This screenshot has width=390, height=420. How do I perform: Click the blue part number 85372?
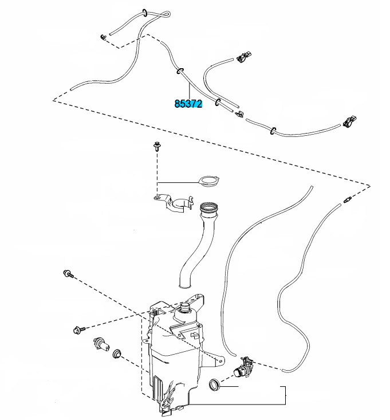(x=188, y=104)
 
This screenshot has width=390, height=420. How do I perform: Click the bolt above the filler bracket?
(x=156, y=147)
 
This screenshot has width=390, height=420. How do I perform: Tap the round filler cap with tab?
(x=207, y=182)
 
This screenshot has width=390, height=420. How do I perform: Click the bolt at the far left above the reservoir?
(x=68, y=275)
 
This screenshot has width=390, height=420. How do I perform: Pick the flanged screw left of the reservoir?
(x=79, y=330)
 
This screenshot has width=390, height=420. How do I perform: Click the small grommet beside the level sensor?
(x=119, y=352)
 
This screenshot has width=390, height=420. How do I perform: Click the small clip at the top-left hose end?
(x=103, y=38)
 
